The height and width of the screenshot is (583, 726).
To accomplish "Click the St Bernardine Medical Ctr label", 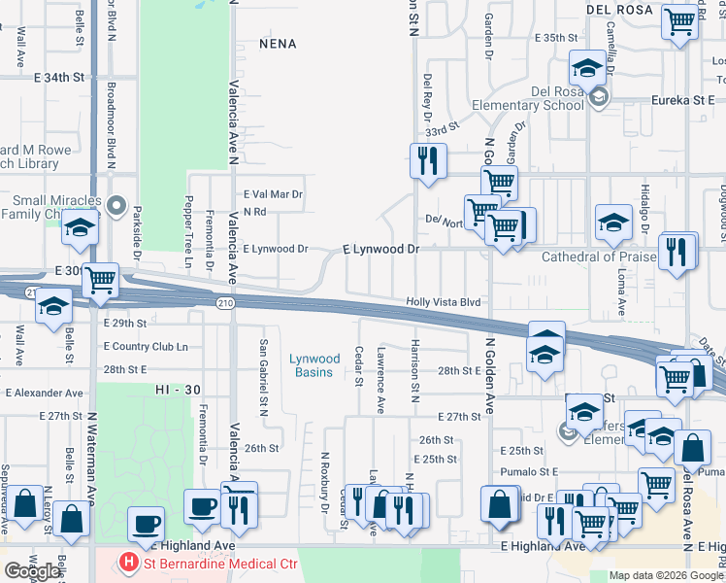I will [207, 562].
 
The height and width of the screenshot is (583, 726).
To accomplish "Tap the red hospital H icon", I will [126, 562].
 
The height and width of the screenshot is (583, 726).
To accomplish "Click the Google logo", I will [32, 571].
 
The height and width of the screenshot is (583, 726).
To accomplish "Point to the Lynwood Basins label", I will [312, 365].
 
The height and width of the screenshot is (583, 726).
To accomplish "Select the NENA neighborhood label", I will [277, 45].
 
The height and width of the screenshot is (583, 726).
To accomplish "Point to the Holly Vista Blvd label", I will [444, 303].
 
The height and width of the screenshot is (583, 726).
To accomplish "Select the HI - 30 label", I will [176, 389].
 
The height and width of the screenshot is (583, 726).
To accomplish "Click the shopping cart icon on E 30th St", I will [101, 281].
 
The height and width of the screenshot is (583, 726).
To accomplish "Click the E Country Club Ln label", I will [145, 347].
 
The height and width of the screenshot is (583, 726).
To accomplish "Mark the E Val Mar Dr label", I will [274, 194].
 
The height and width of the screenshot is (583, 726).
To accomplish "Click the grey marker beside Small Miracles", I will [116, 205].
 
